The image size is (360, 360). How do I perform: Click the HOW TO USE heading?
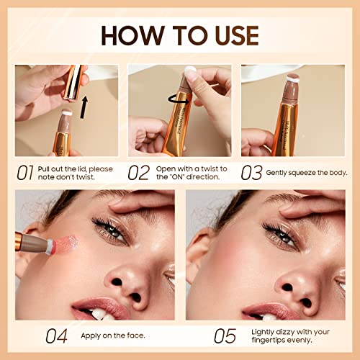pyautogui.click(x=179, y=34)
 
